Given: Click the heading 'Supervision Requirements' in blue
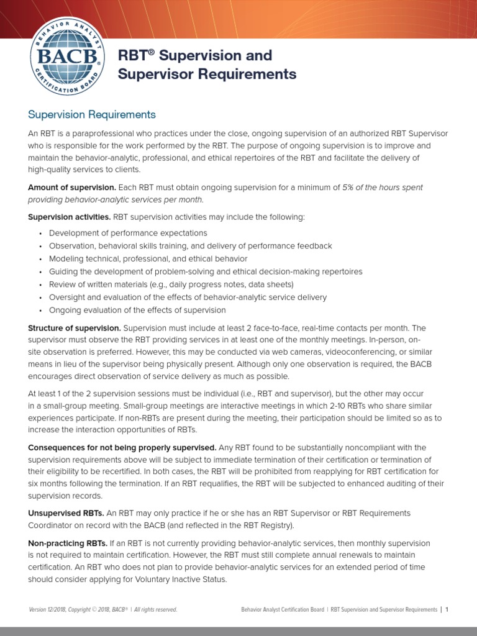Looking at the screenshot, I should pyautogui.click(x=92, y=115).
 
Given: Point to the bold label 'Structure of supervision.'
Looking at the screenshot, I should pyautogui.click(x=75, y=327).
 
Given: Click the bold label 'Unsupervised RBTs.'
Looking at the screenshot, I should pyautogui.click(x=65, y=513).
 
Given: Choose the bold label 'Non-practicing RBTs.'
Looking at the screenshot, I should pyautogui.click(x=68, y=543).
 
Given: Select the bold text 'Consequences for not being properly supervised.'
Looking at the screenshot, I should pyautogui.click(x=122, y=448).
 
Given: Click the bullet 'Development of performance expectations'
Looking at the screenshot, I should pyautogui.click(x=128, y=233).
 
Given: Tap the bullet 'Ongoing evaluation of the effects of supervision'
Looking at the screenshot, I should pyautogui.click(x=137, y=310).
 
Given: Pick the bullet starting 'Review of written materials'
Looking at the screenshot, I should pyautogui.click(x=171, y=284).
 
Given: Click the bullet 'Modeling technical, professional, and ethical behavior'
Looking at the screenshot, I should pyautogui.click(x=148, y=258).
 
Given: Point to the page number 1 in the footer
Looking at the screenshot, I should pyautogui.click(x=447, y=610).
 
